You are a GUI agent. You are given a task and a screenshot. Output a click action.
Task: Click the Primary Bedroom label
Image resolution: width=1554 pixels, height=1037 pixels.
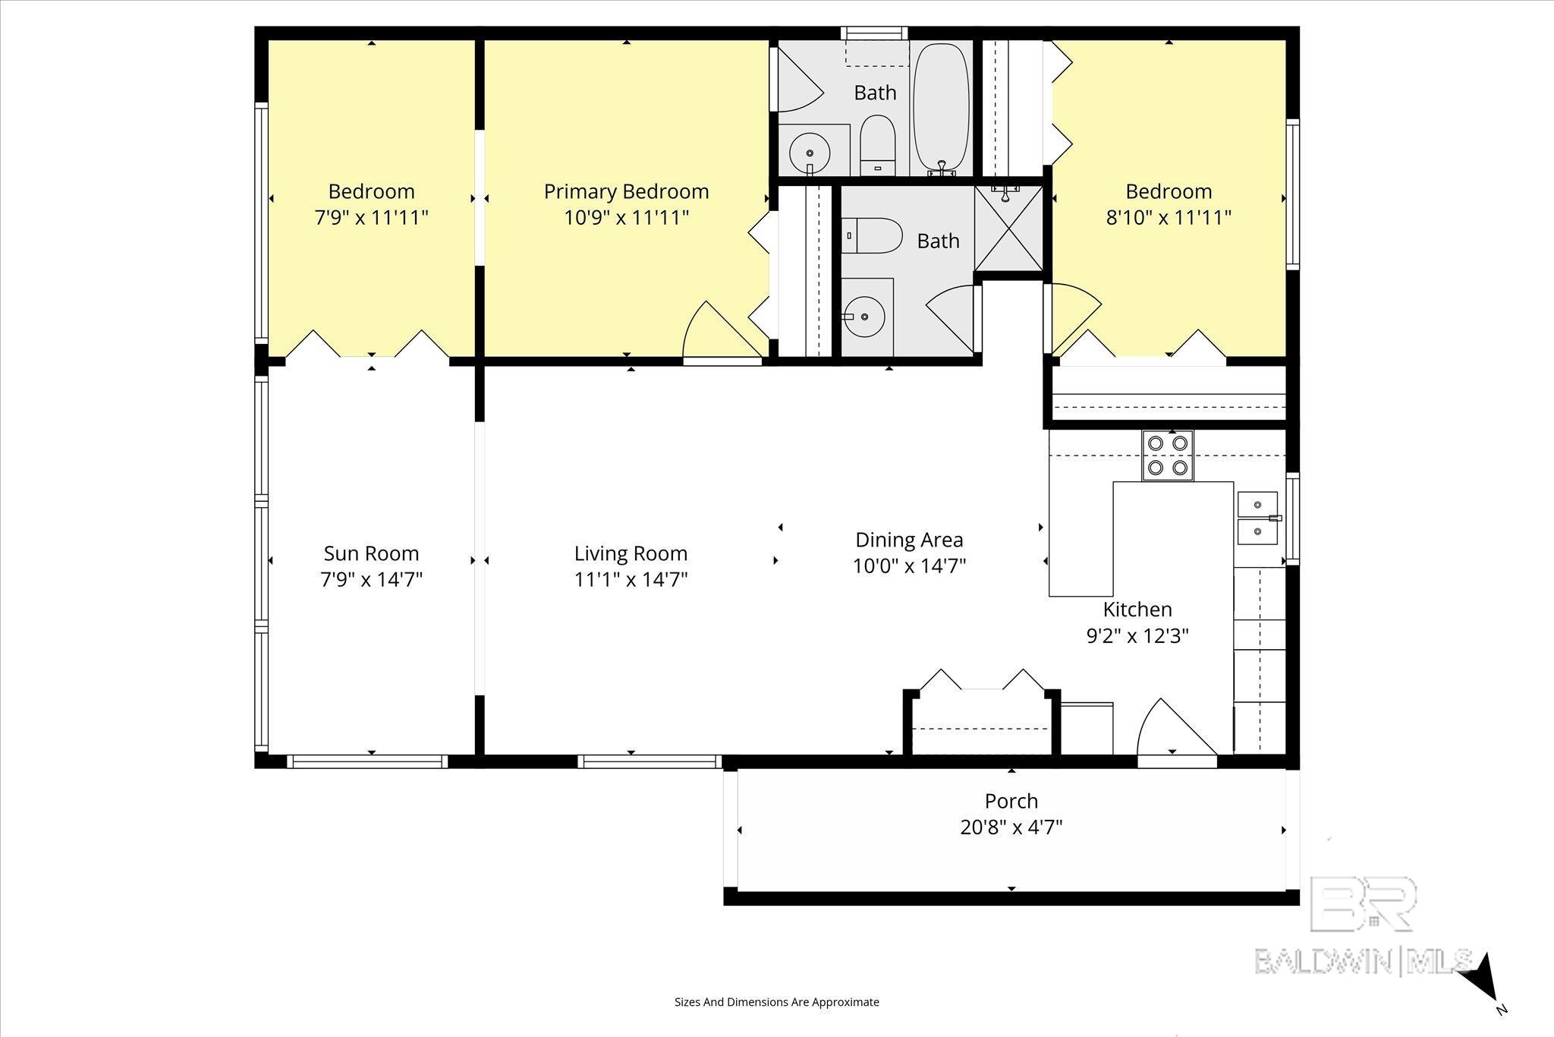pyautogui.click(x=626, y=191)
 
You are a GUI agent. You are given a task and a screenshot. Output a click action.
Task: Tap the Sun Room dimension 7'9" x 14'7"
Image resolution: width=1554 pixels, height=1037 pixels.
pyautogui.click(x=371, y=580)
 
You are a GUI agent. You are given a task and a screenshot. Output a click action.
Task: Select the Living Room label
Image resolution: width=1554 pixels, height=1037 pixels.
pyautogui.click(x=631, y=554)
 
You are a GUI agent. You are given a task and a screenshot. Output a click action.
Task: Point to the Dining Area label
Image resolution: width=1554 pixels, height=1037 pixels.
pyautogui.click(x=909, y=540)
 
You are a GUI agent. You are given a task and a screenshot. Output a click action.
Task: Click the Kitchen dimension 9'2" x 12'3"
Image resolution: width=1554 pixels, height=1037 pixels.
pyautogui.click(x=1137, y=635)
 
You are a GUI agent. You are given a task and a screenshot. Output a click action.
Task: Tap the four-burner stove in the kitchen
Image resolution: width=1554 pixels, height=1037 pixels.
pyautogui.click(x=1167, y=455)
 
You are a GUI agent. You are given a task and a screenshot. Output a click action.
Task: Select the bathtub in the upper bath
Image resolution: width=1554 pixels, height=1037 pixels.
pyautogui.click(x=941, y=109)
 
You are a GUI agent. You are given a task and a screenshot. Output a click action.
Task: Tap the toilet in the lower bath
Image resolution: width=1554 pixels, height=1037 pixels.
pyautogui.click(x=871, y=235)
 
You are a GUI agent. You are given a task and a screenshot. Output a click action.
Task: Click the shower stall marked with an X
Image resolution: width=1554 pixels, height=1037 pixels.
pyautogui.click(x=1008, y=229)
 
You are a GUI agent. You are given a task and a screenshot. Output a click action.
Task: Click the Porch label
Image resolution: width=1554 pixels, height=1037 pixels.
pyautogui.click(x=1011, y=801)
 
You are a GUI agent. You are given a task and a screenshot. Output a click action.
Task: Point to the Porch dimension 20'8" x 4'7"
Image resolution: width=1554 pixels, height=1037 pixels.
pyautogui.click(x=1011, y=827)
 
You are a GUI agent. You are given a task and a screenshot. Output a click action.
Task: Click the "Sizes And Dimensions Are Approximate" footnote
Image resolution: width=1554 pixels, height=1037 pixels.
pyautogui.click(x=777, y=1002)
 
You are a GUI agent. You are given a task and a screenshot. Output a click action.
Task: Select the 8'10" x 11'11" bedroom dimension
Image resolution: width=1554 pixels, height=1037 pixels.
pyautogui.click(x=1169, y=218)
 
